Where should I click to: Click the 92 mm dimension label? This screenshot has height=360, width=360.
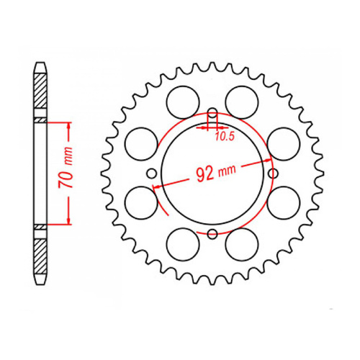[215, 172]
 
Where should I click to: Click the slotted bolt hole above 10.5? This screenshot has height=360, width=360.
[213, 116]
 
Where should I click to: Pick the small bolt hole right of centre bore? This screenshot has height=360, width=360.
[272, 173]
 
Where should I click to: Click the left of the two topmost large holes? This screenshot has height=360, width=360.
[181, 98]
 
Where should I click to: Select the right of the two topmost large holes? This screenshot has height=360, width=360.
[244, 98]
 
